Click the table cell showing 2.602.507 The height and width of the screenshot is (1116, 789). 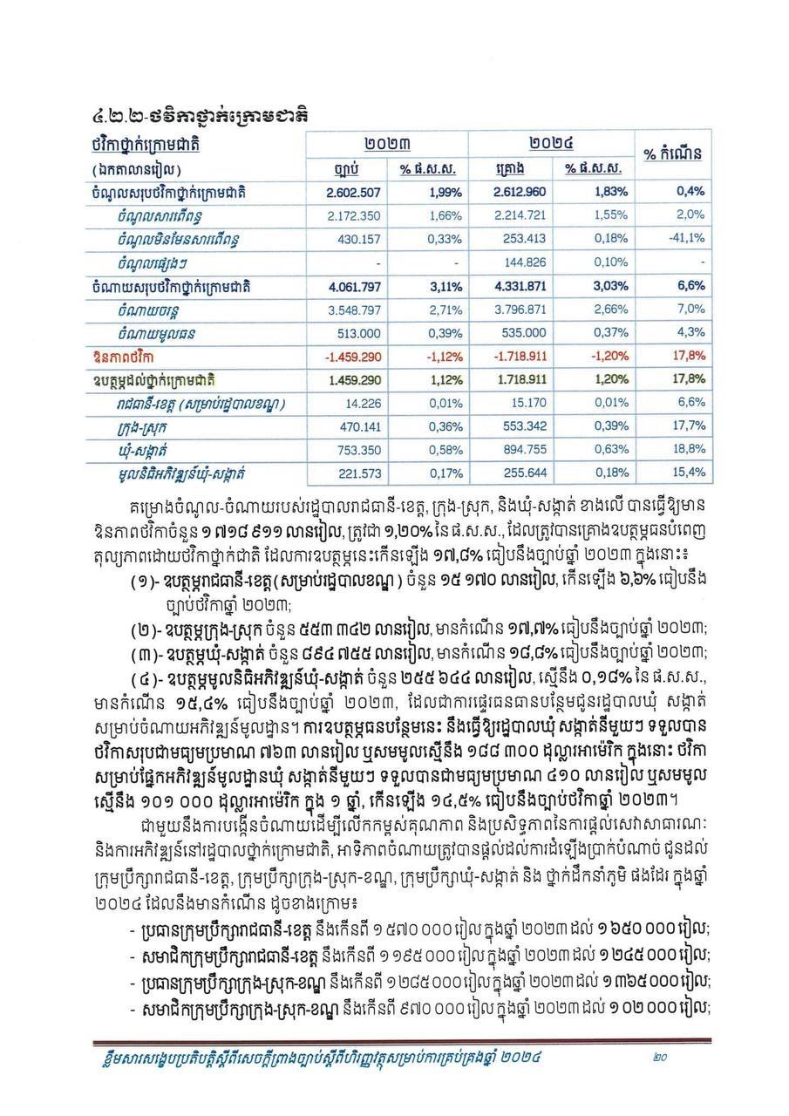[x=354, y=191]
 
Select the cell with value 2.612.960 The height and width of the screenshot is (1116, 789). [x=519, y=191]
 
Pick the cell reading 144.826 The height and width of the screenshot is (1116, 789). [x=523, y=262]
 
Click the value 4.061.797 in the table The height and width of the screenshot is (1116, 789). [x=354, y=285]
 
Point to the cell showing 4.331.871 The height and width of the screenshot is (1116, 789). [x=519, y=285]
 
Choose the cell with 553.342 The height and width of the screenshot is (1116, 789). [x=523, y=425]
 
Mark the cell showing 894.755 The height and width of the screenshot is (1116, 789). [x=523, y=448]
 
